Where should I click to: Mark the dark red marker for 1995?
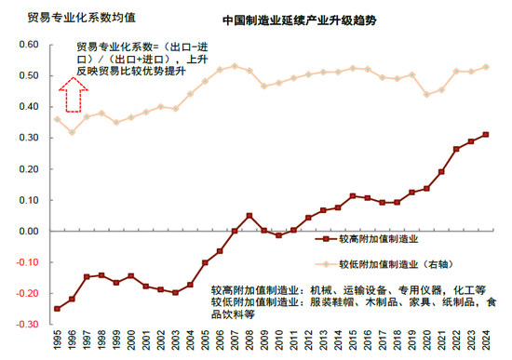click(x=57, y=308)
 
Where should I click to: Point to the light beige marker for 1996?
click(x=72, y=133)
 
